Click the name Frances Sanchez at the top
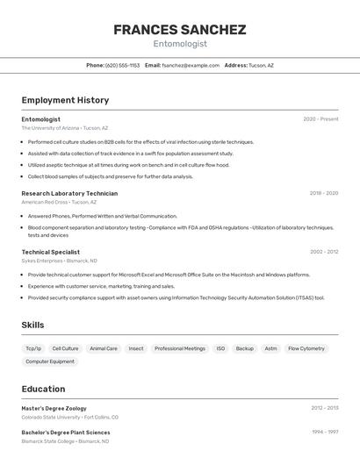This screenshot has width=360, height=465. pyautogui.click(x=179, y=30)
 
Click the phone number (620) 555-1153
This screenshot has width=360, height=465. pyautogui.click(x=122, y=65)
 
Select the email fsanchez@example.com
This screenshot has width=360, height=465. pyautogui.click(x=191, y=65)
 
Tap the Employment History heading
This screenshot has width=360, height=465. pyautogui.click(x=65, y=100)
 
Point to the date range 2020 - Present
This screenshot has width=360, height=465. pyautogui.click(x=320, y=119)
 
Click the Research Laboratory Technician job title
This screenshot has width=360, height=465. pyautogui.click(x=69, y=193)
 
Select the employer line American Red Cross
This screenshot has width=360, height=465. pyautogui.click(x=60, y=202)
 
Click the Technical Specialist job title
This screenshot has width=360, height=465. pyautogui.click(x=51, y=252)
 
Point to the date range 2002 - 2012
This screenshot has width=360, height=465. pyautogui.click(x=323, y=252)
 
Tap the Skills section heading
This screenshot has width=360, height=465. pyautogui.click(x=33, y=325)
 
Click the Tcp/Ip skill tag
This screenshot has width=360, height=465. pyautogui.click(x=33, y=348)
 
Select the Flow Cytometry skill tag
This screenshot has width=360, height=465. pyautogui.click(x=306, y=348)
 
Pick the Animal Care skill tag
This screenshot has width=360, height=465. pyautogui.click(x=104, y=348)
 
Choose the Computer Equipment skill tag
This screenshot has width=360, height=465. pyautogui.click(x=50, y=361)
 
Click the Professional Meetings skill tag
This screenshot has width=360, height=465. pyautogui.click(x=180, y=348)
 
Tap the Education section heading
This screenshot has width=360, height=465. pyautogui.click(x=43, y=389)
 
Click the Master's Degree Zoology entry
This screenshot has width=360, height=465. pyautogui.click(x=54, y=408)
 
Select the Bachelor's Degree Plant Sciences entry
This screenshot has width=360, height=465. pyautogui.click(x=66, y=433)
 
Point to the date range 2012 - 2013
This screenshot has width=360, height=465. pyautogui.click(x=324, y=408)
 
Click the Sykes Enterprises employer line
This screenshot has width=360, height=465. pyautogui.click(x=59, y=261)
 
